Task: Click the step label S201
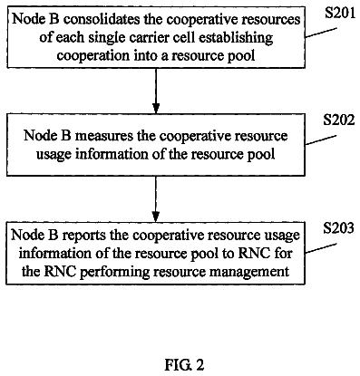[x=340, y=14]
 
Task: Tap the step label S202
[x=338, y=121]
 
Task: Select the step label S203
[x=338, y=228]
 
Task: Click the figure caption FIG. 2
[x=184, y=365]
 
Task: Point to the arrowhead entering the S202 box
[x=156, y=109]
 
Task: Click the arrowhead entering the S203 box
[x=155, y=217]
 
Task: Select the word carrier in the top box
[x=161, y=37]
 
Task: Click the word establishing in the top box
[x=236, y=38]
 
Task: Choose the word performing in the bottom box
[x=116, y=272]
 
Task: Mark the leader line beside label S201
[x=321, y=33]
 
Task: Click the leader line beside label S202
[x=320, y=140]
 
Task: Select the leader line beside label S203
[x=320, y=248]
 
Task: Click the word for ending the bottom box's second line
[x=283, y=253]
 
